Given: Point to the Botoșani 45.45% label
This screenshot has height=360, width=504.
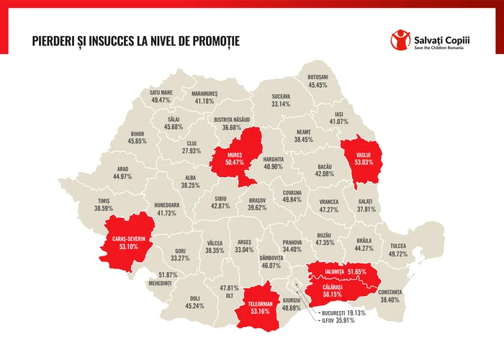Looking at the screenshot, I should click(318, 81).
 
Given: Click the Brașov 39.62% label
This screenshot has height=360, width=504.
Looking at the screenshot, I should click(257, 203).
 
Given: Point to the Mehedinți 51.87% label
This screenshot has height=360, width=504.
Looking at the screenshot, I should click(167, 279).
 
